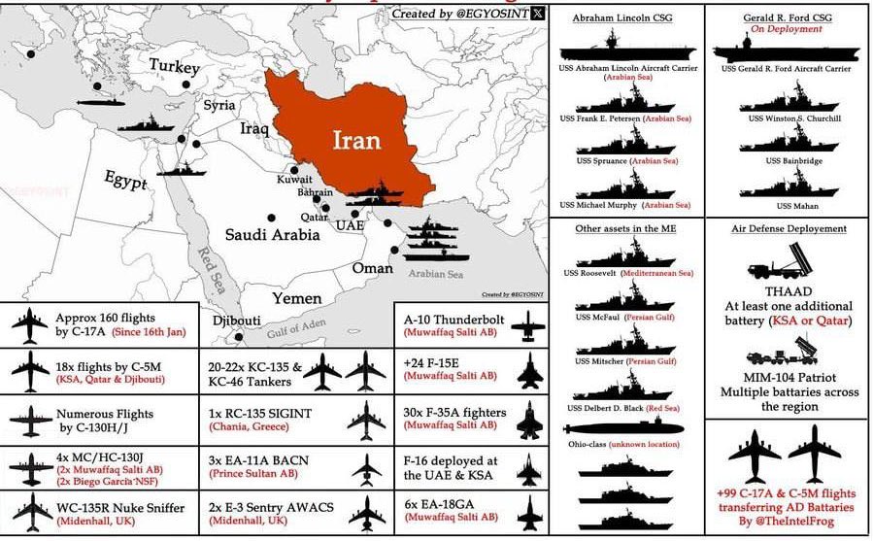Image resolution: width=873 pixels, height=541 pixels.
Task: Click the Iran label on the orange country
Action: [x=355, y=140]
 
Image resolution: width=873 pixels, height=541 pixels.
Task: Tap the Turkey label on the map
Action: [x=175, y=67]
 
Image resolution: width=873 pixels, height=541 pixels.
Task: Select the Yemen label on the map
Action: [x=296, y=298]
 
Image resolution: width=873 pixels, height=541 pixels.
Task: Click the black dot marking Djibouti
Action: [x=239, y=337]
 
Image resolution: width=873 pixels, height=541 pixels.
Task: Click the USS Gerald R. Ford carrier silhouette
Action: [x=787, y=50]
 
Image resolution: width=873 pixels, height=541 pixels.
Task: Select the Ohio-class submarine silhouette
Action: [x=632, y=427]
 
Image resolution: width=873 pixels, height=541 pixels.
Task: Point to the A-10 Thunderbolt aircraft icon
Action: [x=527, y=324]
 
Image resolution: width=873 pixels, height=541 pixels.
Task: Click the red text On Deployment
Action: [x=787, y=29]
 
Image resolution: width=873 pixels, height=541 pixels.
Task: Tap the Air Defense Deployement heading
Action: [x=789, y=228]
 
